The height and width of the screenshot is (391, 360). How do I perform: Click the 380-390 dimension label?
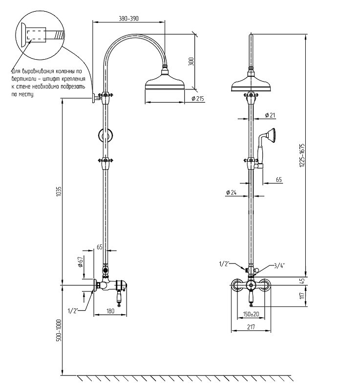[128, 19]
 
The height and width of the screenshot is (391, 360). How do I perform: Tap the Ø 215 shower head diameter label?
[198, 99]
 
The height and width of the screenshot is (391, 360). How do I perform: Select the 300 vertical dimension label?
[191, 62]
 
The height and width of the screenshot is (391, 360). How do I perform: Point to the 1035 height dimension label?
[58, 191]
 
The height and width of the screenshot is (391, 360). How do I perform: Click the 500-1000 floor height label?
[59, 330]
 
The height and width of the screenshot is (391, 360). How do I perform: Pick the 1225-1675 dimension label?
[302, 155]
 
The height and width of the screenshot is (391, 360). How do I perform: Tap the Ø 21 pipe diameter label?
[270, 115]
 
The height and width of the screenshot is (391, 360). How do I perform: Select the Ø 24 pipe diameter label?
[232, 192]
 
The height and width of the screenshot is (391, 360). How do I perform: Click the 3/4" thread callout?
[279, 265]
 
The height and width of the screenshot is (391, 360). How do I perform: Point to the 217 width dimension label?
[251, 326]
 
